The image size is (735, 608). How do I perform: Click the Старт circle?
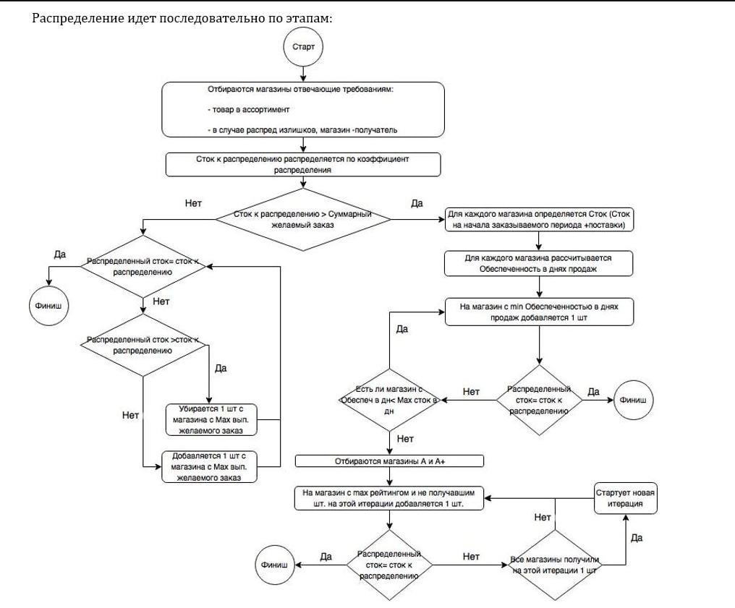pos(302,48)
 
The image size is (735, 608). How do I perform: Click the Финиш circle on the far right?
pos(634,399)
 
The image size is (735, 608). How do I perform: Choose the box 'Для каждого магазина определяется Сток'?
pos(539,220)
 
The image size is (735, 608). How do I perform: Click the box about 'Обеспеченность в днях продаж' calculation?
pos(539,263)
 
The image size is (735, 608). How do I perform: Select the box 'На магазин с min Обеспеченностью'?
pos(539,311)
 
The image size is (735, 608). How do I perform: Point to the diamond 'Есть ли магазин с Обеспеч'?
pos(390,399)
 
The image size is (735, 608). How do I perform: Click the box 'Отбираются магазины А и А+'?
pos(390,461)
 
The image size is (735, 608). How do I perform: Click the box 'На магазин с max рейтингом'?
pos(390,498)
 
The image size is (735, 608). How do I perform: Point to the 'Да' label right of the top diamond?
pos(417,204)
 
